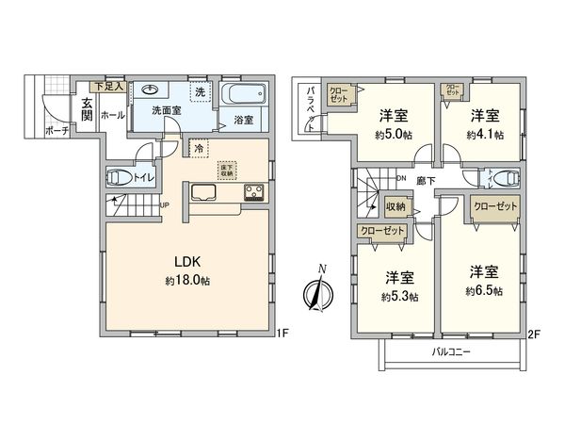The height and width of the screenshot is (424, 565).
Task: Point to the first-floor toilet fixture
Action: [x=120, y=176]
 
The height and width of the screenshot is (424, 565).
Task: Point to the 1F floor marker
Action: [x=280, y=333]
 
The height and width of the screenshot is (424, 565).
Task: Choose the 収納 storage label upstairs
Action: [x=396, y=206]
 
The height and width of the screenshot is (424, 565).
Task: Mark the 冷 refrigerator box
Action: [x=198, y=147]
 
